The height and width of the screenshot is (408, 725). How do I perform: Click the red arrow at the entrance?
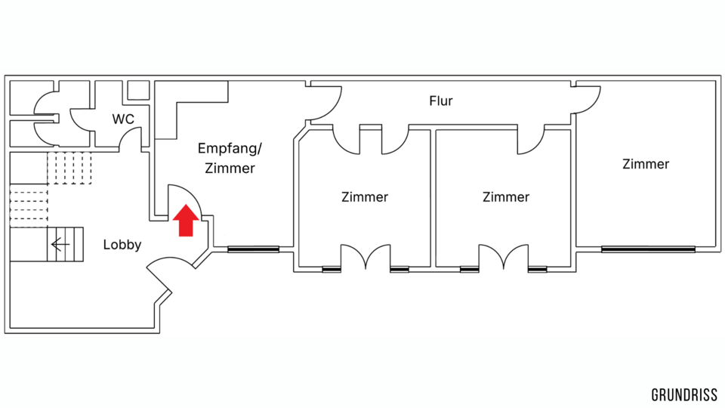[186, 221]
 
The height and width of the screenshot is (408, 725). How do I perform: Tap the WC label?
[123, 119]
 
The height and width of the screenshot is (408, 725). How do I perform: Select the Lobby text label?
[122, 245]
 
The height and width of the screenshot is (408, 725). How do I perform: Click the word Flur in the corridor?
[441, 101]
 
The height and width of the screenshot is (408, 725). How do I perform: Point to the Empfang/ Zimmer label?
[230, 158]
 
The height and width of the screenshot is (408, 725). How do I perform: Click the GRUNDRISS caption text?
[684, 395]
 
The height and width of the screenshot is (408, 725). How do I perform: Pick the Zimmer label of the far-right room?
[646, 164]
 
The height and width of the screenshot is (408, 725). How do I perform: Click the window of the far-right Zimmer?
[647, 249]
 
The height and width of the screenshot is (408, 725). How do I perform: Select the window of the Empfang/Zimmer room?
[254, 249]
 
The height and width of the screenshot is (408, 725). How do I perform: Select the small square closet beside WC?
[137, 90]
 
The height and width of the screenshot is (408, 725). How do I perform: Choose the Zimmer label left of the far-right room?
[506, 197]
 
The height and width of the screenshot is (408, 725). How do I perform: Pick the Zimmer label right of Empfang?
[365, 197]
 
